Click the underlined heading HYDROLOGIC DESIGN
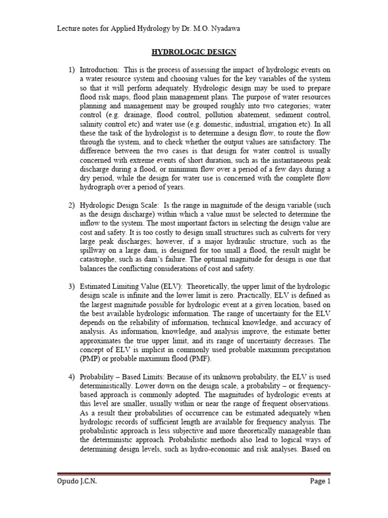click(195, 52)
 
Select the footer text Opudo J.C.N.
click(76, 482)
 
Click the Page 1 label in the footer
click(320, 482)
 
